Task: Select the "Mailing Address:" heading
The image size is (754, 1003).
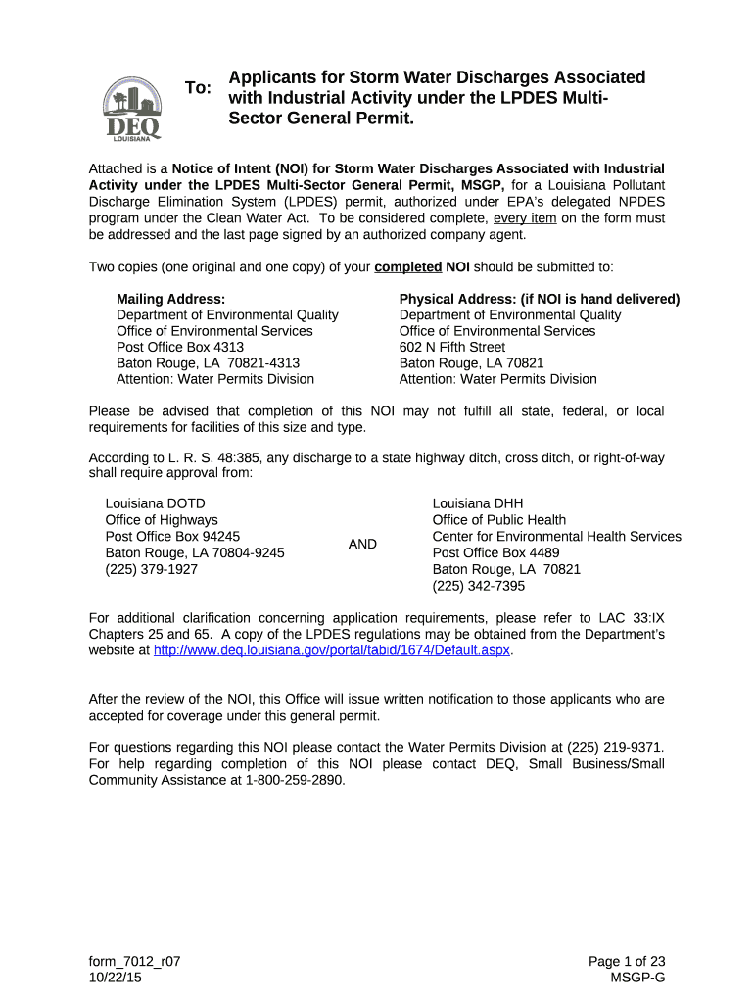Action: (x=170, y=299)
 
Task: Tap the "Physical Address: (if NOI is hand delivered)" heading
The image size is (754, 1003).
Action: (x=540, y=299)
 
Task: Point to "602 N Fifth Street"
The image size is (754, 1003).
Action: (x=452, y=347)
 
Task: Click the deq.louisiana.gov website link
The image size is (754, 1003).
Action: (x=333, y=650)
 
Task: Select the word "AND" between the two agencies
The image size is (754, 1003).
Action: (x=362, y=544)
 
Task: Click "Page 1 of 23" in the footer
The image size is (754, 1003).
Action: (x=627, y=962)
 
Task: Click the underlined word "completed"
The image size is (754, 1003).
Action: (x=408, y=266)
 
